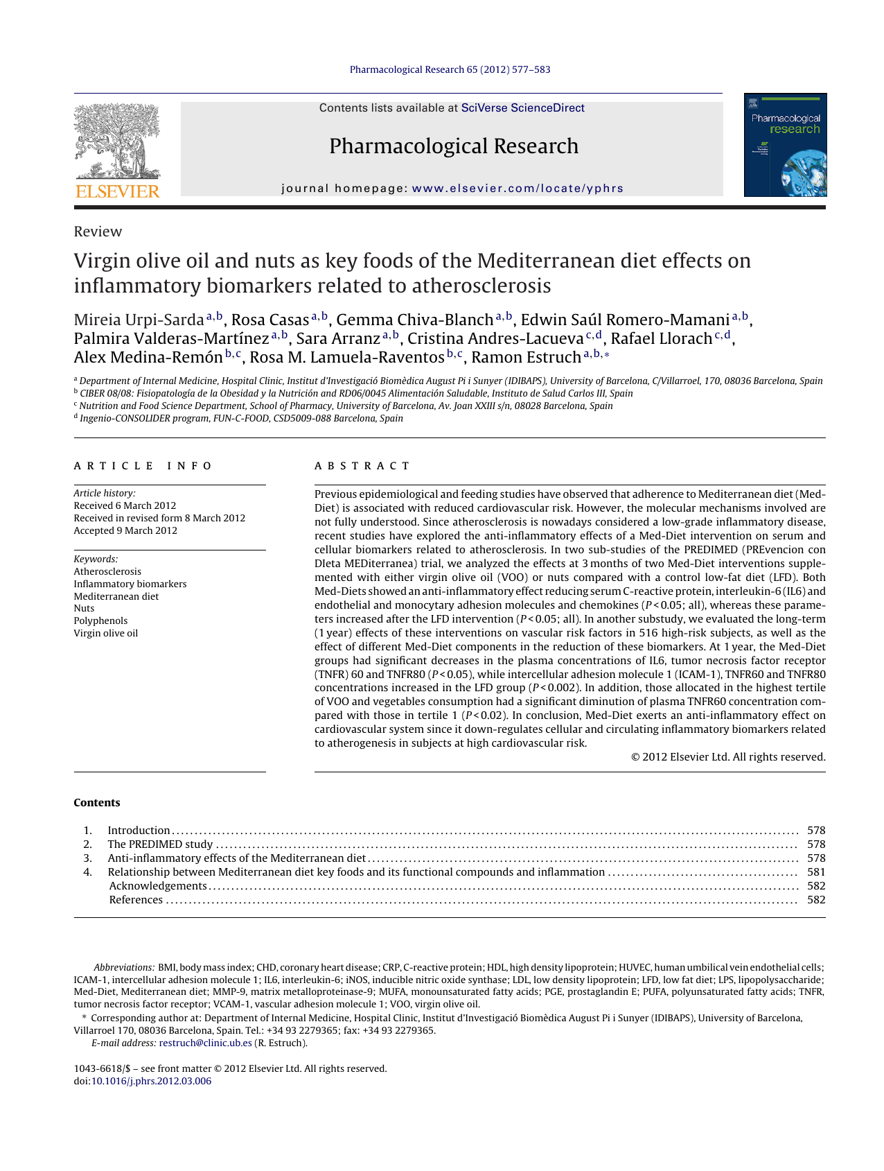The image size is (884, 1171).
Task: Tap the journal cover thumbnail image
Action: [785, 145]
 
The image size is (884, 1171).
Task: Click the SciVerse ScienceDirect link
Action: [522, 108]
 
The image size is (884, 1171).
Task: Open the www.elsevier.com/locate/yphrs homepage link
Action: [518, 189]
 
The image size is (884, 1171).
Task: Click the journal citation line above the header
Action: [450, 69]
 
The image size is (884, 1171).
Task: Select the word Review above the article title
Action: [98, 232]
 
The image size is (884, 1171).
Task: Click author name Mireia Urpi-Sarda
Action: [139, 320]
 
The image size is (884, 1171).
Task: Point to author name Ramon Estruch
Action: [526, 357]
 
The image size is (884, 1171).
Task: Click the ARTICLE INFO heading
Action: [143, 466]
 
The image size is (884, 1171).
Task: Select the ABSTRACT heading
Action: [362, 466]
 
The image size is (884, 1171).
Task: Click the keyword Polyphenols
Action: [100, 621]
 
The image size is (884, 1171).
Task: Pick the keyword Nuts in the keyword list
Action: [84, 608]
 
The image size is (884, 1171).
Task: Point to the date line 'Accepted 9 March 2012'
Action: [125, 530]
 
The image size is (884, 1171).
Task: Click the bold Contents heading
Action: [97, 803]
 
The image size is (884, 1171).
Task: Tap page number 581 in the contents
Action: [816, 872]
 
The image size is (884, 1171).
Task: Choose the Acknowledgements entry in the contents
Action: [158, 886]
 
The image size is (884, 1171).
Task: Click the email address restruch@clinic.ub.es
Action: [205, 1043]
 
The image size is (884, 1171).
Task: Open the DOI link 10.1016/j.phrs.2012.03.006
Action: [151, 1081]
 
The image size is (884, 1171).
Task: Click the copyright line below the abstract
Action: [728, 757]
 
